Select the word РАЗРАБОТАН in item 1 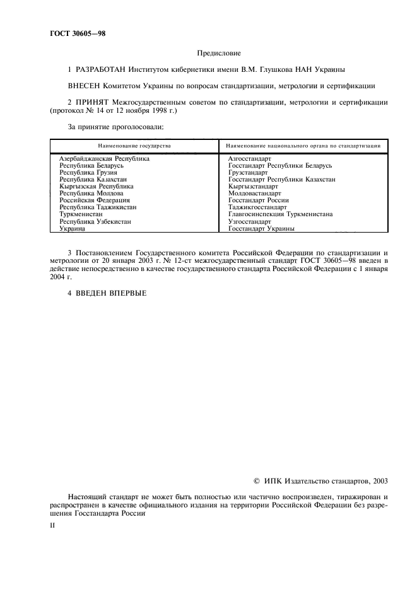100,69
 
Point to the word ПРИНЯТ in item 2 93,102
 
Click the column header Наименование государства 134,146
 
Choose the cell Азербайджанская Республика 104,159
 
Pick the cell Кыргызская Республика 96,186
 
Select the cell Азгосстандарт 249,159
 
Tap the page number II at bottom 52,524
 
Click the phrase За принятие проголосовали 115,127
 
